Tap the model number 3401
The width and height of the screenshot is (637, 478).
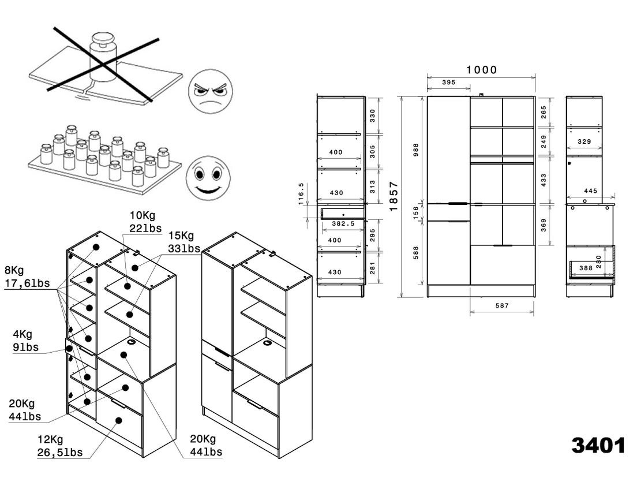pos(598,446)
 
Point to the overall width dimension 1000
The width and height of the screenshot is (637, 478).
pos(482,70)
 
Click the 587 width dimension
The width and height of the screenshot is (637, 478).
pos(502,305)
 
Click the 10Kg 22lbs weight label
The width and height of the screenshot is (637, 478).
pos(142,222)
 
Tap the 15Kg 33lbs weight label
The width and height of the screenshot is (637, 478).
pos(183,242)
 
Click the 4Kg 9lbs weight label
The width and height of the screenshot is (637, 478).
pos(26,341)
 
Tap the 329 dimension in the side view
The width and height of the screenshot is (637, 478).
pos(584,141)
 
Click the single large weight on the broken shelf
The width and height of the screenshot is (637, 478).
pos(103,58)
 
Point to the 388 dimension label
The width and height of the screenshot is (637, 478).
pos(586,267)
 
